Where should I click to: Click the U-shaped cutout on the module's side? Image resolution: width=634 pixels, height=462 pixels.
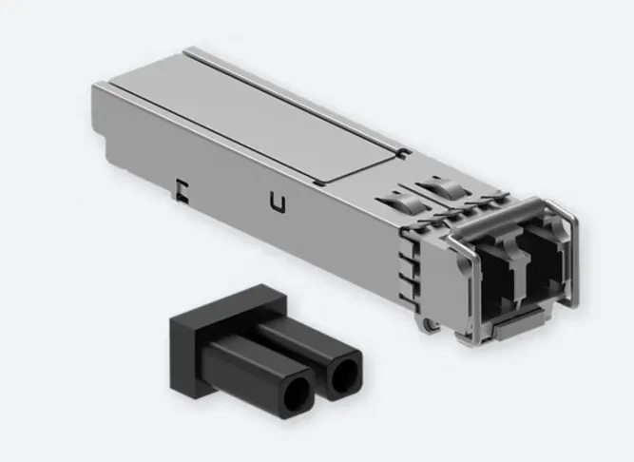tap(277, 202)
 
